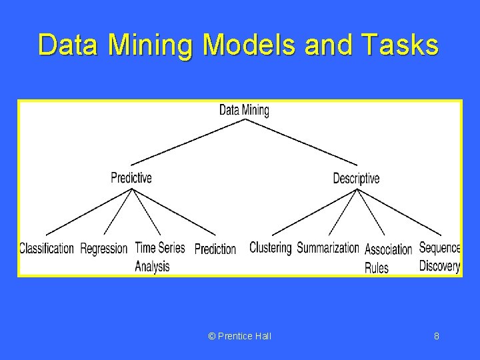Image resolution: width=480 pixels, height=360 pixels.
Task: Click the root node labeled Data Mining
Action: tap(244, 110)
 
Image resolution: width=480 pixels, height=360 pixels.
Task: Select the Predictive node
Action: tap(131, 177)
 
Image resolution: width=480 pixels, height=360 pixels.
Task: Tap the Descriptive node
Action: tap(356, 178)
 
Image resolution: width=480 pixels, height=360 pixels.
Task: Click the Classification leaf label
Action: tap(46, 249)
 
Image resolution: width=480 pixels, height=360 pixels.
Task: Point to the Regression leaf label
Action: tap(103, 249)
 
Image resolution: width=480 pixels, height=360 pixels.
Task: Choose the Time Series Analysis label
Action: tap(159, 257)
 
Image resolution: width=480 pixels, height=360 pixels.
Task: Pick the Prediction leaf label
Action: tap(215, 249)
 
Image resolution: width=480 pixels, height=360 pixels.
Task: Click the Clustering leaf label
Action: tap(270, 247)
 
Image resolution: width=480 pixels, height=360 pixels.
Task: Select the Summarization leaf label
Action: tap(327, 248)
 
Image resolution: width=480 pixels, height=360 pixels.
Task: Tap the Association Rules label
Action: tap(388, 258)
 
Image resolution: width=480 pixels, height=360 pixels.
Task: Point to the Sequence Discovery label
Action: tap(439, 257)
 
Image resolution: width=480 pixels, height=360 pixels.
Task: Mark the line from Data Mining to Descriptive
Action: tap(301, 142)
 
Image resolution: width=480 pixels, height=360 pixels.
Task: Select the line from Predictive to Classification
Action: tap(89, 211)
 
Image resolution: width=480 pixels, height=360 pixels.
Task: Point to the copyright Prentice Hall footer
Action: tap(240, 336)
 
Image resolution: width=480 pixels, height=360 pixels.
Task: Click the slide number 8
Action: tap(437, 336)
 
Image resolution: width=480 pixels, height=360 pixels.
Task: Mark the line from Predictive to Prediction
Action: tap(175, 211)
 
